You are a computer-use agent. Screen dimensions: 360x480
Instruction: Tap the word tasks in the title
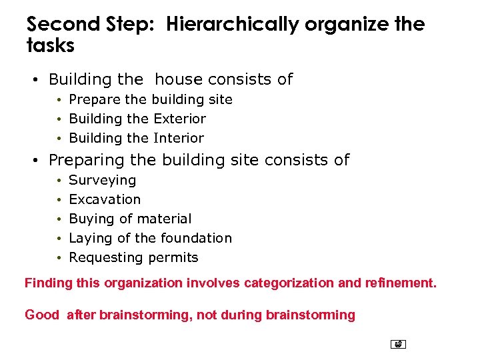(51, 45)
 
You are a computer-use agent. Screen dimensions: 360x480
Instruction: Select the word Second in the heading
(62, 25)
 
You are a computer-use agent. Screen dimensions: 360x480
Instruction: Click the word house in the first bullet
(179, 79)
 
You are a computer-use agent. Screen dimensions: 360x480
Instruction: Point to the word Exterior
(180, 119)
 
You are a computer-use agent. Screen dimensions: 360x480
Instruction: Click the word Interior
(179, 138)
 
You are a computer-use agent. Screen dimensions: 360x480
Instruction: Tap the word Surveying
(103, 180)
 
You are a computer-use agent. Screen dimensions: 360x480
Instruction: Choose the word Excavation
(105, 199)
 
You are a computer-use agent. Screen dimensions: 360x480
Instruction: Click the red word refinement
(400, 283)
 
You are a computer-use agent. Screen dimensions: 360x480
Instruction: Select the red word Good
(42, 315)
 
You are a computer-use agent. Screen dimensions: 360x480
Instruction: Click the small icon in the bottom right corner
(399, 345)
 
